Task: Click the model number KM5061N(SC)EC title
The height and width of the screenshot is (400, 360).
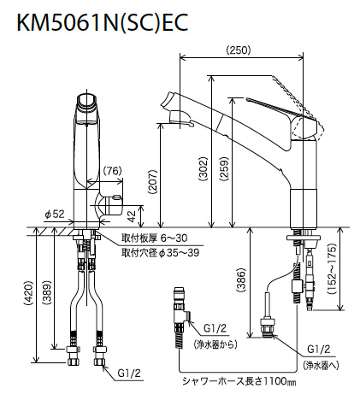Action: point(103,22)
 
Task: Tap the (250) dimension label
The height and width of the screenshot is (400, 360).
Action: point(239,50)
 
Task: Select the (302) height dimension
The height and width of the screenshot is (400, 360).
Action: point(204,169)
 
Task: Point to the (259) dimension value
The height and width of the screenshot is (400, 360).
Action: point(225,168)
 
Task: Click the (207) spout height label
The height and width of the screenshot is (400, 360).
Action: point(153,182)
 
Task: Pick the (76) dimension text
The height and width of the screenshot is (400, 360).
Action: point(112,171)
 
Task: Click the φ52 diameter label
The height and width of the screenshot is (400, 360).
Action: point(55,215)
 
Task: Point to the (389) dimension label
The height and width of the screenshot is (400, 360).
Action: point(47,292)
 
